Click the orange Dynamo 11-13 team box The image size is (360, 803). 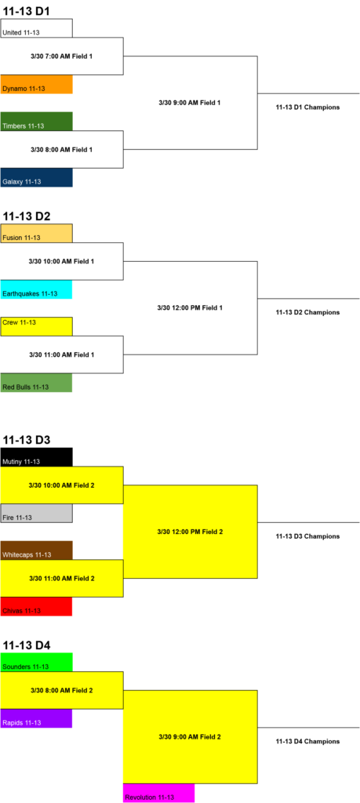point(36,85)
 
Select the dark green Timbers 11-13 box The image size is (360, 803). point(36,122)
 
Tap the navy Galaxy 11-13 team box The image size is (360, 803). point(36,178)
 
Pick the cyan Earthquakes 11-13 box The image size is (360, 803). point(36,290)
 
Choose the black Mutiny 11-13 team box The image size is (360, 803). point(36,457)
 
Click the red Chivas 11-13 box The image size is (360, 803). point(36,607)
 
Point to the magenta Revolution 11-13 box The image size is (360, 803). point(158,794)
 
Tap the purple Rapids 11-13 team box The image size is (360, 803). point(36,718)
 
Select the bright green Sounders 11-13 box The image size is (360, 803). point(36,662)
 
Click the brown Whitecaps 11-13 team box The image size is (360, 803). point(36,550)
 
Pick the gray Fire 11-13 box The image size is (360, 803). point(36,513)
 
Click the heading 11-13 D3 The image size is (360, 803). point(27,440)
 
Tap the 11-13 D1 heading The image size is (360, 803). point(27,11)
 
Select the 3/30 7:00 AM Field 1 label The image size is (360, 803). point(61,56)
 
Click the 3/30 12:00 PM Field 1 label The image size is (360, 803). point(190,307)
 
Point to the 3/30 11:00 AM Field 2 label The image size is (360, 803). point(61,578)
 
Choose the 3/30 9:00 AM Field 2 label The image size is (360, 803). point(190,737)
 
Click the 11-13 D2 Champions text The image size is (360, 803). point(307,312)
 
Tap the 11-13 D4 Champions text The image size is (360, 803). point(307,741)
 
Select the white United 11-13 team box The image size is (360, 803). point(36,28)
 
